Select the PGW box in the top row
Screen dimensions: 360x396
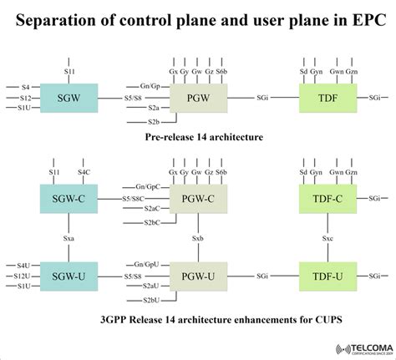tap(199, 98)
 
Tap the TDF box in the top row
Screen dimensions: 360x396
tap(328, 98)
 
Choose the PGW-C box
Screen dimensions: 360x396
tap(199, 199)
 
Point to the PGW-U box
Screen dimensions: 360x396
tap(199, 274)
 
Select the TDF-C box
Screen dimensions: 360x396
tap(328, 199)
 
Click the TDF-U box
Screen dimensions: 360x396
tap(328, 274)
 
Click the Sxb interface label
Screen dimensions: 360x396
tap(198, 237)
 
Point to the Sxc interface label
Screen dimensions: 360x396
tap(328, 237)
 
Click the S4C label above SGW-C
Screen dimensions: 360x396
tap(84, 172)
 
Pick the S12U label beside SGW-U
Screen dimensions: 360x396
tap(23, 275)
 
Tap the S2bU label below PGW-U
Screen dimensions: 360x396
tap(151, 299)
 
